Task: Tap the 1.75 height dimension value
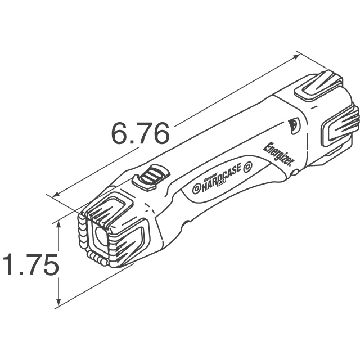(29, 265)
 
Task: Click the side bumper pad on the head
(132, 238)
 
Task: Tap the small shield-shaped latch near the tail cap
(292, 126)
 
